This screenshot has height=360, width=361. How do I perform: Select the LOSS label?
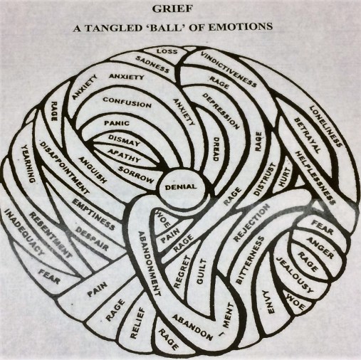pyautogui.click(x=167, y=52)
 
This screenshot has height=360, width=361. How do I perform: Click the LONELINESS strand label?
pyautogui.click(x=325, y=126)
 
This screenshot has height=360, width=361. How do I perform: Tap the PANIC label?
pyautogui.click(x=116, y=122)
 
